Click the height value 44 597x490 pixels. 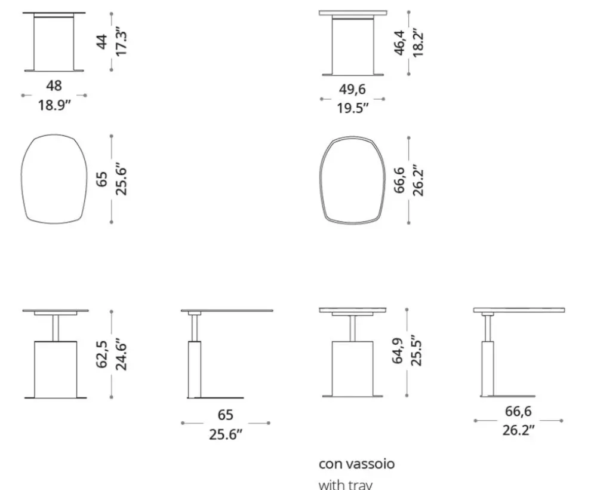(102, 42)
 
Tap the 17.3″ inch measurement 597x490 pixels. (121, 42)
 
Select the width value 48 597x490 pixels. (54, 85)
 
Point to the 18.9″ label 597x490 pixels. (54, 105)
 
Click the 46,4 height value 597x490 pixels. (399, 42)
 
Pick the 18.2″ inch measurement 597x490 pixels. (418, 42)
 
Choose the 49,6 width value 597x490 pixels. (352, 90)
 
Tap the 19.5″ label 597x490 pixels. (353, 108)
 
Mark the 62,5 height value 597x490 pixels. (102, 354)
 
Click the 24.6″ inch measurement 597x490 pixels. (121, 354)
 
